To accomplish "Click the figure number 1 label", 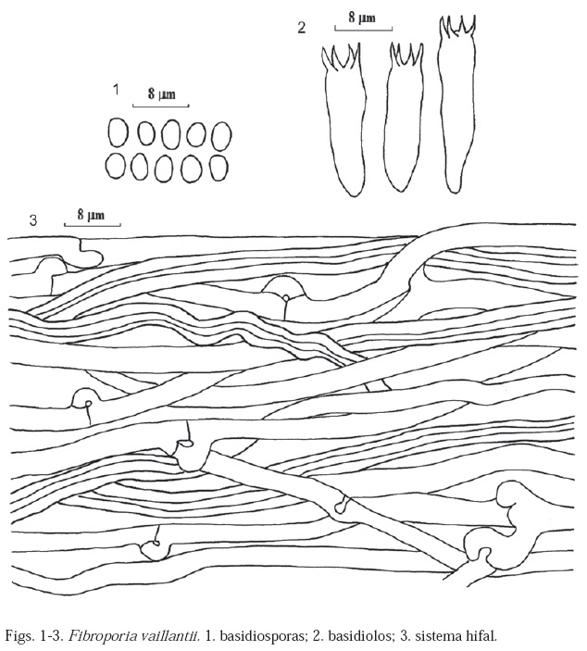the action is pyautogui.click(x=116, y=89).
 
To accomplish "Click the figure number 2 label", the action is pyautogui.click(x=302, y=28).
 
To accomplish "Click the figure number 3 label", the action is pyautogui.click(x=32, y=220).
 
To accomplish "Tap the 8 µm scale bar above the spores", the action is pyautogui.click(x=161, y=106).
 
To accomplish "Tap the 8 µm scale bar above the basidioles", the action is pyautogui.click(x=364, y=29).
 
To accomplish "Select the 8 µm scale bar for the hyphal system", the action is pyautogui.click(x=93, y=225).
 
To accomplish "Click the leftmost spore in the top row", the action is pyautogui.click(x=118, y=132).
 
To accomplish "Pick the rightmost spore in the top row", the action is pyautogui.click(x=221, y=136).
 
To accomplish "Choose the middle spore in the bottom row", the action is pyautogui.click(x=164, y=169).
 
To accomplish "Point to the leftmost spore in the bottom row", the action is pyautogui.click(x=116, y=167).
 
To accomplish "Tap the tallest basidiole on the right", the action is pyautogui.click(x=457, y=105).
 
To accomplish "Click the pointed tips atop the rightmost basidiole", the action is pyautogui.click(x=457, y=24).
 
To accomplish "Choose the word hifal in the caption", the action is pyautogui.click(x=483, y=635).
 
